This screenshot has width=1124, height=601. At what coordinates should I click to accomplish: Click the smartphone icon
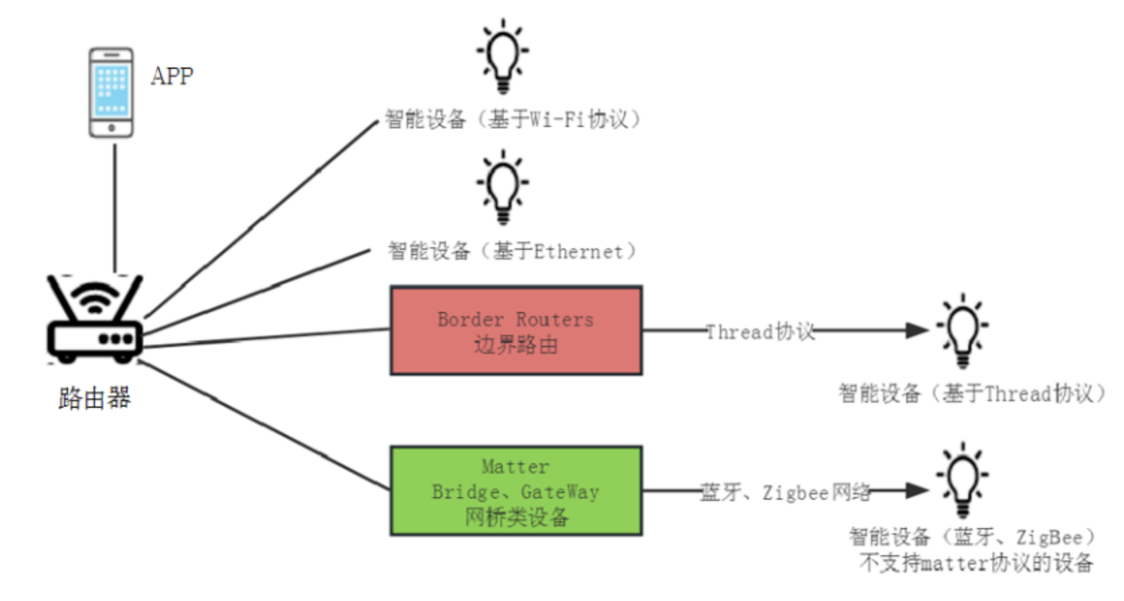click(x=111, y=93)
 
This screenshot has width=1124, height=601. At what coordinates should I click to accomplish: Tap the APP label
click(x=172, y=76)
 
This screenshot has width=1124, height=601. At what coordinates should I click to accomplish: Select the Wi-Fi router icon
click(x=94, y=317)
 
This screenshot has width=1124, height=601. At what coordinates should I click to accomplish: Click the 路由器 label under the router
click(x=94, y=398)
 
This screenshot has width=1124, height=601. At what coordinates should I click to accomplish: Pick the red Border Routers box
click(x=515, y=330)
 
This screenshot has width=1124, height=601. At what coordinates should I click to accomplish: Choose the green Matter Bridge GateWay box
click(x=515, y=491)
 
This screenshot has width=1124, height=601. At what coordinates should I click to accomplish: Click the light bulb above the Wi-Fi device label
click(x=503, y=56)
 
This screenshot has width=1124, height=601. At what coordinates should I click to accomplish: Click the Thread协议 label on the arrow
click(x=760, y=332)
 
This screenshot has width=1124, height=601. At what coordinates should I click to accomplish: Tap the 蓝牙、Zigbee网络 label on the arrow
click(x=785, y=492)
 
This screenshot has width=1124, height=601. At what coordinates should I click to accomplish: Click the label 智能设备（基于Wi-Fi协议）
click(x=513, y=120)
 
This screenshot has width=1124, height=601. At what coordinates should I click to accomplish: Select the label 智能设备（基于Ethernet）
click(x=513, y=251)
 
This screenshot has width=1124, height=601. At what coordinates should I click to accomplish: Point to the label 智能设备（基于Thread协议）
click(x=972, y=393)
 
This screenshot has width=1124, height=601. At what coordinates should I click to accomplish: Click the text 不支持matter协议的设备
click(x=976, y=563)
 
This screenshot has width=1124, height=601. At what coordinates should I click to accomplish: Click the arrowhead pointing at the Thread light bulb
click(x=917, y=330)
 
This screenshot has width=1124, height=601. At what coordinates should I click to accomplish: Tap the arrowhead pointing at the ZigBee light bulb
click(x=917, y=491)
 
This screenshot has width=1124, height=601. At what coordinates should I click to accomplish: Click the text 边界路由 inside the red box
click(x=515, y=345)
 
